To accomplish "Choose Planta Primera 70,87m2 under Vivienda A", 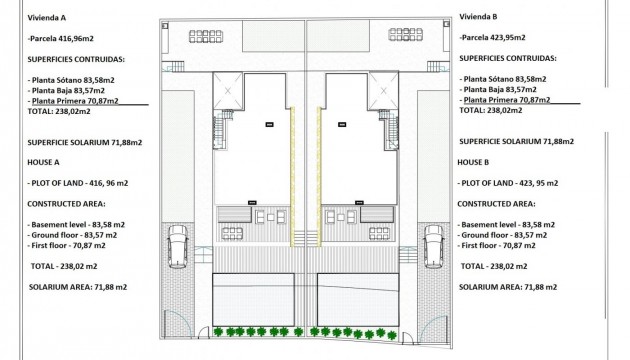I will (x=74, y=101).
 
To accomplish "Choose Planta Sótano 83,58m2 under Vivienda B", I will (x=505, y=79).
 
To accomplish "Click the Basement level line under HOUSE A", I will (x=76, y=224).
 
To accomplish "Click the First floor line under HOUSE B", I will (x=500, y=245).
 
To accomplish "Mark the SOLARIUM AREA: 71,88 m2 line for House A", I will (x=78, y=287).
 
